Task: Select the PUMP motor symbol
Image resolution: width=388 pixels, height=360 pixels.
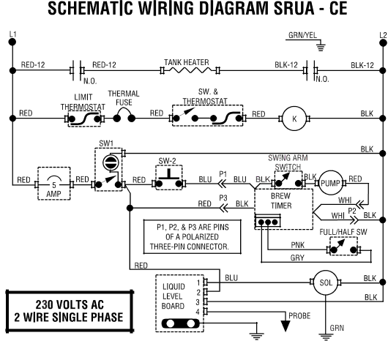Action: click(331, 183)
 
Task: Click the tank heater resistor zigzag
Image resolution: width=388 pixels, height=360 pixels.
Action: click(190, 70)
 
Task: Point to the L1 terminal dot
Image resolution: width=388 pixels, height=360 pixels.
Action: click(12, 42)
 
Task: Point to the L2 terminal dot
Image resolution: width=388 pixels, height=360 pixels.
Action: click(383, 43)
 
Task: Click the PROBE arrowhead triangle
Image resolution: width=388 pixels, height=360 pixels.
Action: click(286, 326)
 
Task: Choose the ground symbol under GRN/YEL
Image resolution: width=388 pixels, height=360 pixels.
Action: click(321, 47)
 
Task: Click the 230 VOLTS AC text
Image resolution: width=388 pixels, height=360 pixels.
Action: click(70, 304)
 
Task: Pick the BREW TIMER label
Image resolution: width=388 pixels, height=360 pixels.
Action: click(281, 200)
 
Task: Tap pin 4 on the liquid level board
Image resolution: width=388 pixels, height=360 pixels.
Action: click(206, 312)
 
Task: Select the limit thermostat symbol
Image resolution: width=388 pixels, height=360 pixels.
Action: click(84, 119)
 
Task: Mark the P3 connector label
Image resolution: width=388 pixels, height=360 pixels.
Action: click(223, 198)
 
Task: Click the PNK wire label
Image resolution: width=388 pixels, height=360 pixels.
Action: click(297, 245)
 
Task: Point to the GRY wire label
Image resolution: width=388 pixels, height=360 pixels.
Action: click(297, 258)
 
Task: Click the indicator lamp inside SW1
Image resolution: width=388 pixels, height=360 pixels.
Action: click(111, 162)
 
